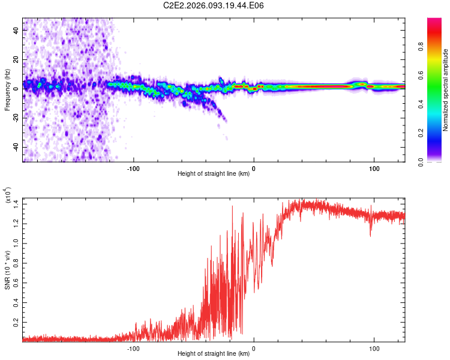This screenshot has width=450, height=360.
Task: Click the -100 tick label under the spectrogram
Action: tap(133, 168)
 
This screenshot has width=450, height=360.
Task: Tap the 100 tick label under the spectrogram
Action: tap(374, 168)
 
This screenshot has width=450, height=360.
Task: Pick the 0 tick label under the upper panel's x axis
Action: tap(254, 168)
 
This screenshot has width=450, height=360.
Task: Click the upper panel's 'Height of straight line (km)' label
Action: tap(214, 175)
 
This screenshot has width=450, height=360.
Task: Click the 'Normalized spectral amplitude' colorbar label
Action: tap(445, 90)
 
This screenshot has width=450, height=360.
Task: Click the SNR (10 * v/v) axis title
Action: tap(8, 270)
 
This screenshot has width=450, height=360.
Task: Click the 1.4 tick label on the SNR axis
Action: tap(16, 203)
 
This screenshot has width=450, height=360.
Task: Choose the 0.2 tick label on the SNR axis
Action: tap(16, 322)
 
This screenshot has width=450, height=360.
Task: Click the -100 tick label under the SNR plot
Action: tap(133, 348)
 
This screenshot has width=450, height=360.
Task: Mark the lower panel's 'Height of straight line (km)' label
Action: tap(214, 355)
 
